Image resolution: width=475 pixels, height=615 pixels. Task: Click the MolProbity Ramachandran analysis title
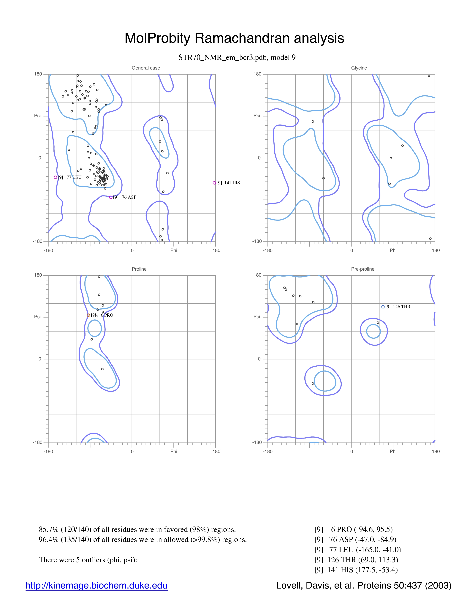pyautogui.click(x=234, y=38)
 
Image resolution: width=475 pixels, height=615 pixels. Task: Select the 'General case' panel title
pyautogui.click(x=146, y=68)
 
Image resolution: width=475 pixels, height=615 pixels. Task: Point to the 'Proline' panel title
pyautogui.click(x=139, y=269)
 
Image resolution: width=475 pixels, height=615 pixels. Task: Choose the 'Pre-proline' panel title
pyautogui.click(x=363, y=269)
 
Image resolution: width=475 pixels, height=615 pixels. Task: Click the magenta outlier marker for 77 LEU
pyautogui.click(x=56, y=177)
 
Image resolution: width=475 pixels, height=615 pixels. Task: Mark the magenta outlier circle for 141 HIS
pyautogui.click(x=214, y=183)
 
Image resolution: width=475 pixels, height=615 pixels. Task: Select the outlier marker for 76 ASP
pyautogui.click(x=111, y=197)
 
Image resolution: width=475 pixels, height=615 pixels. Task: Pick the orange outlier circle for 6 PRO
pyautogui.click(x=88, y=315)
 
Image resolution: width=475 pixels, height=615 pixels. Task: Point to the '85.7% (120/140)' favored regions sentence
pyautogui.click(x=137, y=529)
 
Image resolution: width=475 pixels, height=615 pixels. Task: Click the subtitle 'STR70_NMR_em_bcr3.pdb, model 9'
pyautogui.click(x=237, y=57)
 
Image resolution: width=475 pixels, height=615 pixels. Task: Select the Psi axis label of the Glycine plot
pyautogui.click(x=257, y=116)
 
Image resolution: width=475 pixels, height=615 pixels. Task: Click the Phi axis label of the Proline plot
pyautogui.click(x=174, y=451)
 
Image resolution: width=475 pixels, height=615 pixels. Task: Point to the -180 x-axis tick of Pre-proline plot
pyautogui.click(x=268, y=451)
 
